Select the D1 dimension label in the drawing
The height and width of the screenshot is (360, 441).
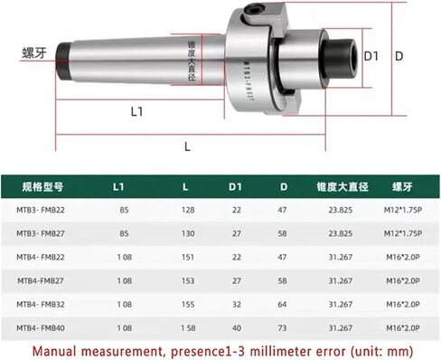[370, 56]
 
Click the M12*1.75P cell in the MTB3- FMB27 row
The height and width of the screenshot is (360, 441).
[398, 234]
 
